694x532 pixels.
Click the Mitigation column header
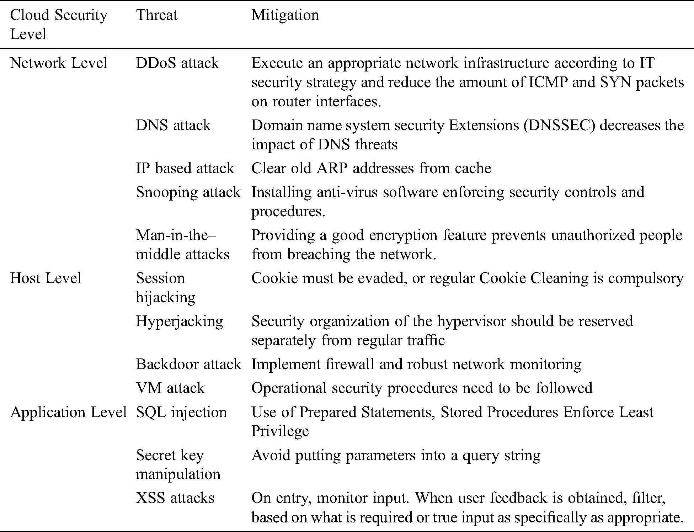pos(285,15)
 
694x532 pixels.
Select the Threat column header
pos(156,15)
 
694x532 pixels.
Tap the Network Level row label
pos(59,63)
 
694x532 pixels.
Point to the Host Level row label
pos(46,278)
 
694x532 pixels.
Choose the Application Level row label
pos(68,412)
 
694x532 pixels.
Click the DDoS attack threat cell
pos(177,63)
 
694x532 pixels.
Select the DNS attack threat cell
pos(173,125)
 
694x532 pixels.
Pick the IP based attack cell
pos(185,168)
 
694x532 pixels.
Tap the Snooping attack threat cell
pos(188,192)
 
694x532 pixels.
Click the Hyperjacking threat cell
pos(180,321)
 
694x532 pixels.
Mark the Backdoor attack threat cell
pos(188,364)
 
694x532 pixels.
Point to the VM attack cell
pos(170,388)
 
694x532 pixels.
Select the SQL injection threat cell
pos(181,412)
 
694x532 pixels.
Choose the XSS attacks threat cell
pos(175,498)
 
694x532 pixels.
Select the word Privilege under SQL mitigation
pos(280,431)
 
